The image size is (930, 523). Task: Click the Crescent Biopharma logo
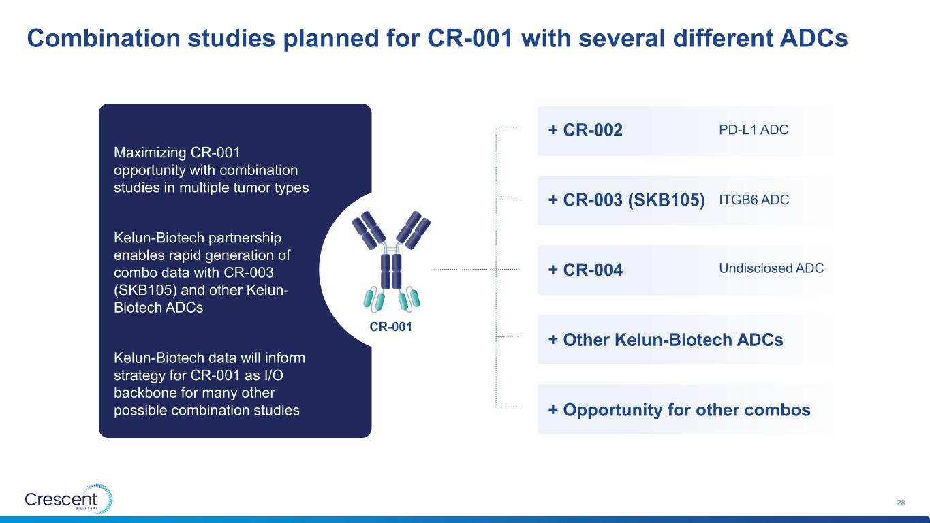click(x=69, y=498)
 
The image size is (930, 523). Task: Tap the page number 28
click(x=901, y=503)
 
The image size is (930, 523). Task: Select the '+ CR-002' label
click(x=585, y=130)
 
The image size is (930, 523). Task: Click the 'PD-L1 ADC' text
click(x=754, y=129)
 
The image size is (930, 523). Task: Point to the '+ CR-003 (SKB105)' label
click(x=627, y=200)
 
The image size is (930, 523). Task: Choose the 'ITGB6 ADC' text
click(x=754, y=200)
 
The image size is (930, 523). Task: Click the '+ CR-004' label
click(x=585, y=270)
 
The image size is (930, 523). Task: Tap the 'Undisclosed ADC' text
click(x=771, y=268)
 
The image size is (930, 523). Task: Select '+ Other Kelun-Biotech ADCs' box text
click(x=666, y=340)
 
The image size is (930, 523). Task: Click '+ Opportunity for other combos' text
click(x=679, y=410)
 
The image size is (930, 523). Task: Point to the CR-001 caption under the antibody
click(x=390, y=327)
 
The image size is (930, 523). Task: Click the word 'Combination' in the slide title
click(x=104, y=37)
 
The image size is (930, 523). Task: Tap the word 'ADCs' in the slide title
click(x=813, y=37)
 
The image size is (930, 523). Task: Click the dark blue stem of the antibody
click(x=391, y=272)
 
